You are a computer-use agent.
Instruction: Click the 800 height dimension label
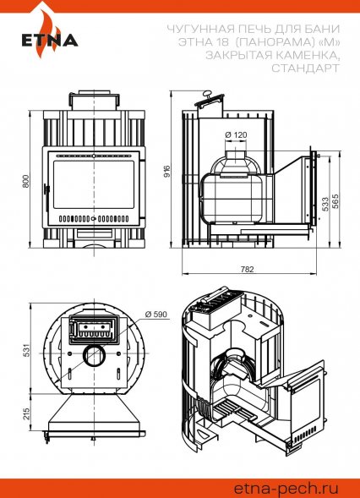[25, 181]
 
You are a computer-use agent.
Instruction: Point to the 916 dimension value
[167, 171]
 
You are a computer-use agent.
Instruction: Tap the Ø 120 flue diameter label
[236, 134]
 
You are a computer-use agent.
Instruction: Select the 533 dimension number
[325, 204]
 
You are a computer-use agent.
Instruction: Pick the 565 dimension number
[335, 201]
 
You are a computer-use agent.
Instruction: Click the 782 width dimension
[248, 269]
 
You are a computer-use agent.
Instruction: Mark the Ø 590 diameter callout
[155, 315]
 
